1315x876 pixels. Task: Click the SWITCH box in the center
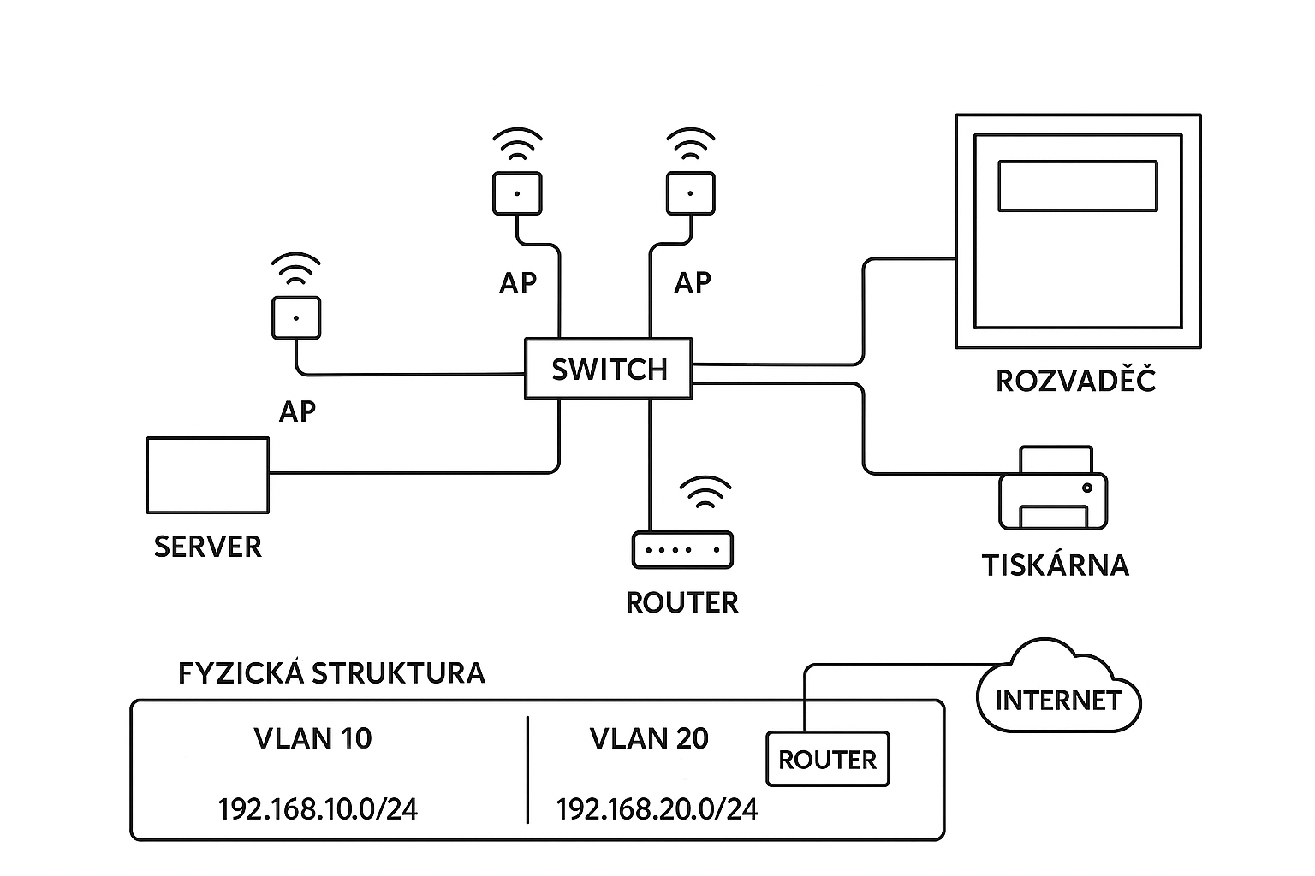click(608, 369)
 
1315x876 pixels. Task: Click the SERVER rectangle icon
click(208, 475)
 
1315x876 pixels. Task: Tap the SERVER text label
click(208, 547)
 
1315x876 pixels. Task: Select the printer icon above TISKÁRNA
click(1053, 489)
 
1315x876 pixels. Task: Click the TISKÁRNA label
click(1055, 565)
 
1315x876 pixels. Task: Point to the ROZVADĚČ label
click(1076, 381)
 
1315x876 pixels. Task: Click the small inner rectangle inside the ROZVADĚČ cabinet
click(1078, 186)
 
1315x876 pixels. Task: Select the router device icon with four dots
click(682, 550)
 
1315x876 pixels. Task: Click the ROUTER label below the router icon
click(681, 603)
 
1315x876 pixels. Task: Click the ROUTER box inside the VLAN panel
click(828, 760)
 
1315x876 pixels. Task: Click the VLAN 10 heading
click(313, 738)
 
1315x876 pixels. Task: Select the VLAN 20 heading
click(649, 738)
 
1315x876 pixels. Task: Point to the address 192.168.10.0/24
click(318, 809)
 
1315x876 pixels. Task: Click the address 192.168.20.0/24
click(657, 809)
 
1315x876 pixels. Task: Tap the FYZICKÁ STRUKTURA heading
click(331, 673)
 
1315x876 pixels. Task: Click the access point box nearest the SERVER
click(296, 318)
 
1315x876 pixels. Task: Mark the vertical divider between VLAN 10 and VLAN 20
click(527, 770)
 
